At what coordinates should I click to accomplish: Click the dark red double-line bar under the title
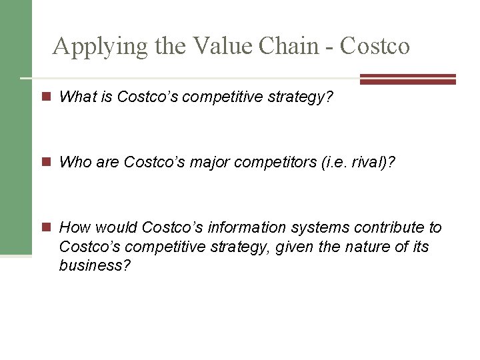(407, 79)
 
